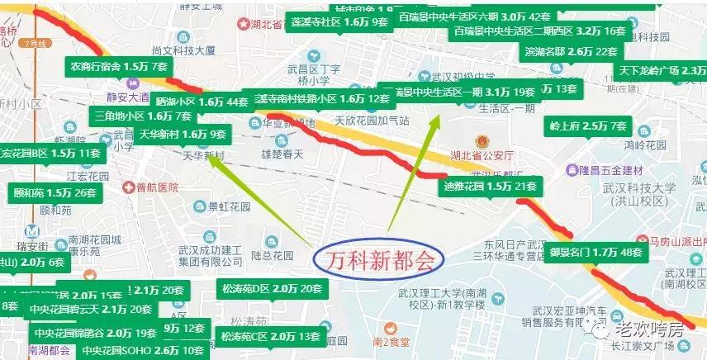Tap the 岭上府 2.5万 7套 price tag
(588, 126)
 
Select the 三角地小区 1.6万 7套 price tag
(144, 116)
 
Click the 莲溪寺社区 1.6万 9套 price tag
(339, 22)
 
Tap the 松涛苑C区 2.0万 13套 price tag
(270, 337)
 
